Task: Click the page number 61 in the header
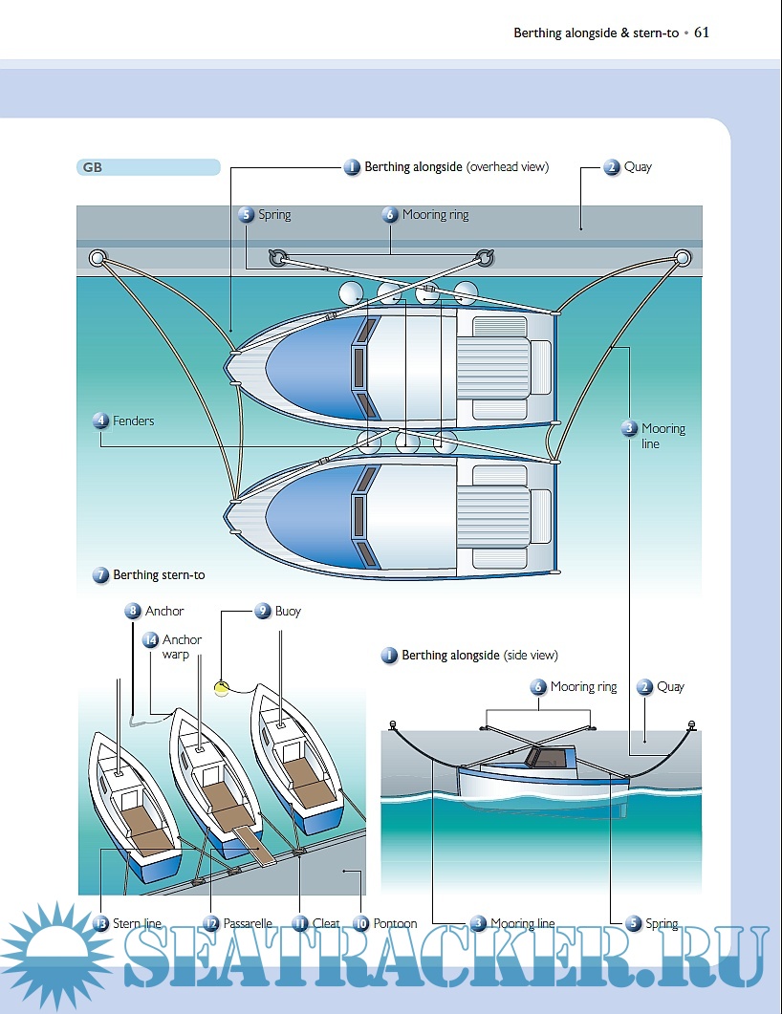tap(702, 32)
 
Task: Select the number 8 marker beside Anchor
tap(132, 611)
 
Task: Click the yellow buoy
tap(222, 687)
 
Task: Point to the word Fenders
tap(133, 421)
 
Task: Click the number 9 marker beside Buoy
tap(262, 611)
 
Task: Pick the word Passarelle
tap(248, 924)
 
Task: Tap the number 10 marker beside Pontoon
tap(360, 924)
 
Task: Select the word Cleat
tap(326, 924)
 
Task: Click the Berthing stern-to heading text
tap(159, 575)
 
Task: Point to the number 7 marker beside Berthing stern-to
tap(100, 575)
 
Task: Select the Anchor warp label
tap(182, 647)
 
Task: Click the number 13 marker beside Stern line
tap(100, 924)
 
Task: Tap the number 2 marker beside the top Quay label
tap(612, 167)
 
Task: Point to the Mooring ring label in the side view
tap(583, 687)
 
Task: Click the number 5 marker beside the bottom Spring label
tap(633, 924)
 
